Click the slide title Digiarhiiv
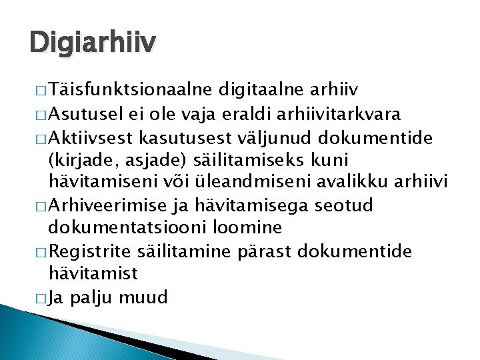(x=93, y=43)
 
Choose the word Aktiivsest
(x=93, y=137)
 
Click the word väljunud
(x=274, y=137)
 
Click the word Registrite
(x=90, y=252)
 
